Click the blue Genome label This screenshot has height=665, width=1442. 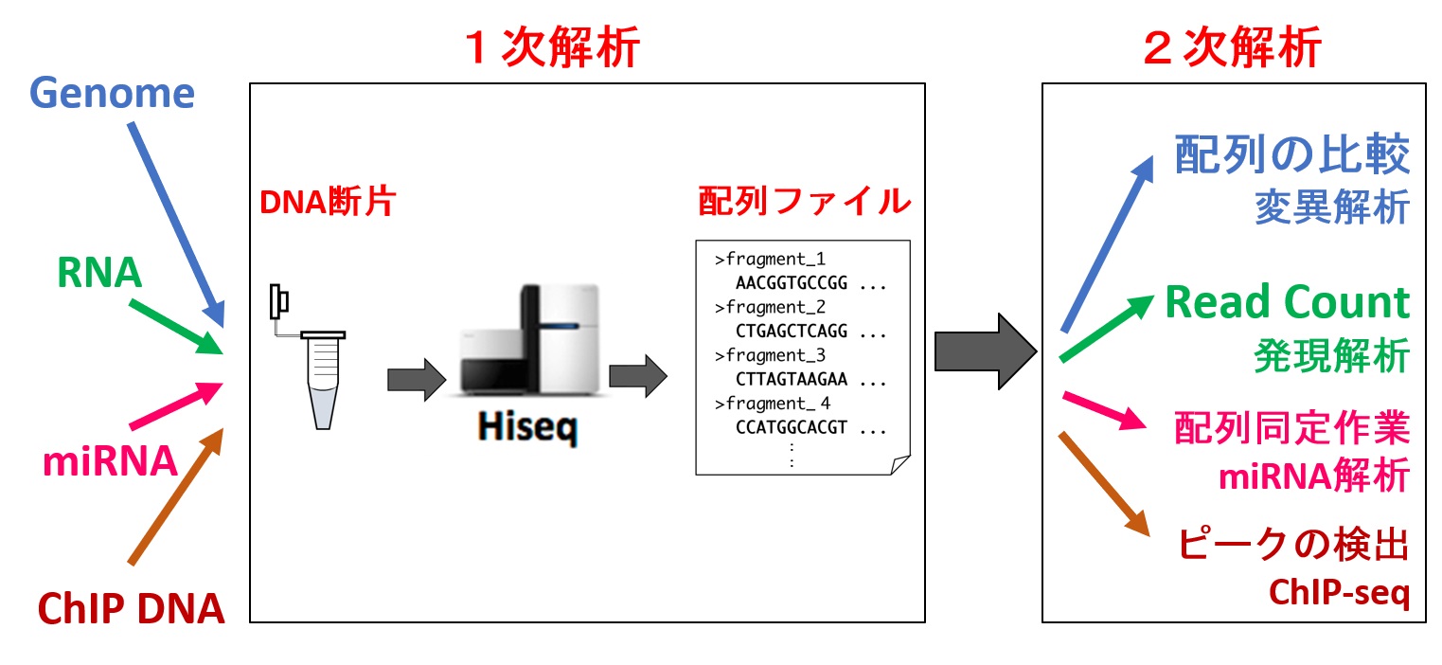(113, 94)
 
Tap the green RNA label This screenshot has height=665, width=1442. (99, 273)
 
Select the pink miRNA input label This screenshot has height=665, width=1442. (110, 461)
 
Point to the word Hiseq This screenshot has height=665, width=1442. (527, 429)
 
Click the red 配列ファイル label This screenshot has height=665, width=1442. (804, 202)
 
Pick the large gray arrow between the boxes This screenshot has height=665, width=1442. (986, 350)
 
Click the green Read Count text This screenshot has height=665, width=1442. (1287, 302)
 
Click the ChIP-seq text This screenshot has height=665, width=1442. (1339, 593)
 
